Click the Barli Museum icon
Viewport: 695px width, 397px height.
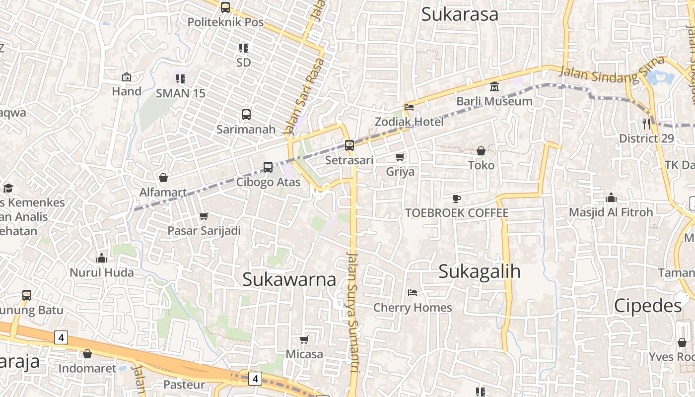[494, 87]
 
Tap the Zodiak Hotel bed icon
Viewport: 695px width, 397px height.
[409, 107]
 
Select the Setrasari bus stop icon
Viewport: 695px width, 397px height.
[349, 145]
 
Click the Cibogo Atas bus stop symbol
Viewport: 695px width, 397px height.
[268, 167]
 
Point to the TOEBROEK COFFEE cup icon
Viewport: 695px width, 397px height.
[457, 198]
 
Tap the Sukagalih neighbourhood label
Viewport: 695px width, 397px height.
[480, 271]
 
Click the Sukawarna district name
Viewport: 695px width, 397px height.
[289, 279]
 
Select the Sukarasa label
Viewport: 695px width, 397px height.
[460, 14]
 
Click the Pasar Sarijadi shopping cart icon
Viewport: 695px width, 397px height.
[204, 216]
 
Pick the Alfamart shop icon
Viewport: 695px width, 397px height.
[163, 178]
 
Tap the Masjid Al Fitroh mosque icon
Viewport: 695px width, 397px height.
[611, 198]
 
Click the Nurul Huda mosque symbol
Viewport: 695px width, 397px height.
[102, 258]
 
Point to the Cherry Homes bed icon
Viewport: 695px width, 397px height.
[413, 293]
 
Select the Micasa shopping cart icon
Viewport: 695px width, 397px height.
[304, 339]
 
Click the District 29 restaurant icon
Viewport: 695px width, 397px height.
[646, 124]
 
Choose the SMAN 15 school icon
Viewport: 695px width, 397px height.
[181, 78]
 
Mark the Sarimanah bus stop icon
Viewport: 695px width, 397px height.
[246, 115]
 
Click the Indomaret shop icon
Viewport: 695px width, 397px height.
[87, 354]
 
